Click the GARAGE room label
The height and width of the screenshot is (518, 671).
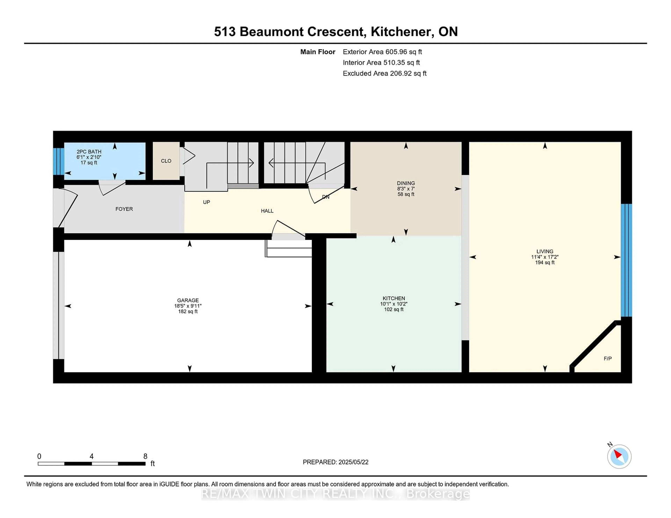click(188, 300)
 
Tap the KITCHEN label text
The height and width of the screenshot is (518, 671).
click(394, 298)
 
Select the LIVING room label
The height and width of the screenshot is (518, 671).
click(545, 251)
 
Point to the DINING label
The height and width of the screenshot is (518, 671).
click(406, 183)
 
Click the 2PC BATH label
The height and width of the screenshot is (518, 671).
click(89, 152)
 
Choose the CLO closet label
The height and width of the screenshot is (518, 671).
click(166, 161)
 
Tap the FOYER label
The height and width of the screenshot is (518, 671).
click(124, 209)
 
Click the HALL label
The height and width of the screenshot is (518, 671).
click(267, 211)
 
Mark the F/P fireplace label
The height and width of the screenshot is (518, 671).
click(607, 358)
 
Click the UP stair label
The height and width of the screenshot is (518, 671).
click(207, 202)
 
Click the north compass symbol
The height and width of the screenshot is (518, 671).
click(619, 456)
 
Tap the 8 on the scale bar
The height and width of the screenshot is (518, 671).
click(145, 456)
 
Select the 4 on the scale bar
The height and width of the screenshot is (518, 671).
click(92, 456)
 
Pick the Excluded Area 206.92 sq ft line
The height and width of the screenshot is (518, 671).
click(384, 73)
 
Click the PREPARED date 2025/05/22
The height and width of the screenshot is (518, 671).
click(335, 462)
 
